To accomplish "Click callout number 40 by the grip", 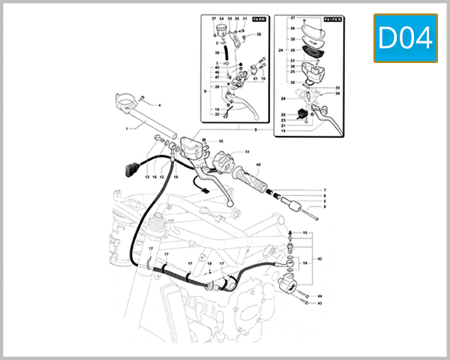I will coord(258,165).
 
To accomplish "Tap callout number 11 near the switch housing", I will coord(246,151).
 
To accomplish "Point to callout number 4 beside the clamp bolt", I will coord(159,106).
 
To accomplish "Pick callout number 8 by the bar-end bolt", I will coord(325,207).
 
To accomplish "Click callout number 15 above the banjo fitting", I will coord(305,234).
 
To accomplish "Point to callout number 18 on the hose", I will coord(209,264).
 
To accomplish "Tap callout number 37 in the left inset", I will coord(214,18).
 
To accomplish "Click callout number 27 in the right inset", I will coord(292,16).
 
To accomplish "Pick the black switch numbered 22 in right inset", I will coord(303,113).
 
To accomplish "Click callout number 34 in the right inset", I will coord(338,93).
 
